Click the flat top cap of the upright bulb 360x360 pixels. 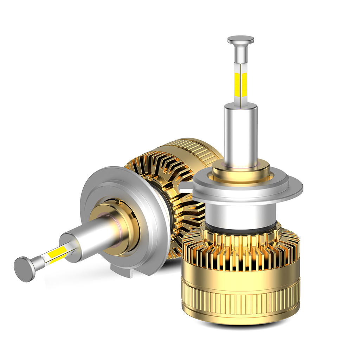240,39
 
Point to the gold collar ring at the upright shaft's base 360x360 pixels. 241,172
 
